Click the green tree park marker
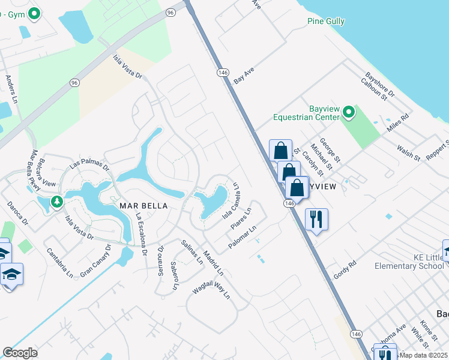point(57,201)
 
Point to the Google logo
point(20,353)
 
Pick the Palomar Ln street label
point(243,238)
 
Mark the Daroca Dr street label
point(17,213)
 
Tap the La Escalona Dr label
point(141,235)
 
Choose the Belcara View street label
point(35,166)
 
